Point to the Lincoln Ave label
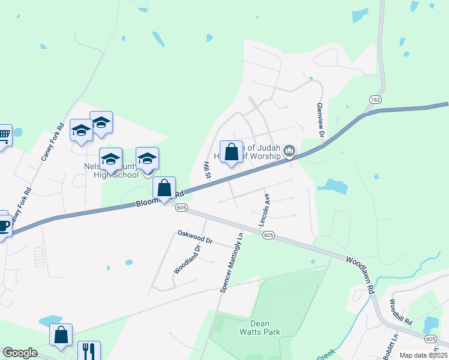click(265, 209)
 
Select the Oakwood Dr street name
click(194, 236)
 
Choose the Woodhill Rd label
click(400, 312)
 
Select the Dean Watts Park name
click(261, 326)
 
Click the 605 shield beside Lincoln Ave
click(268, 236)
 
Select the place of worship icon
click(289, 150)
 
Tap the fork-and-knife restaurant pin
click(89, 350)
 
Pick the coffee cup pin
click(2, 226)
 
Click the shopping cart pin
click(3, 136)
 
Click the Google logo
click(20, 353)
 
